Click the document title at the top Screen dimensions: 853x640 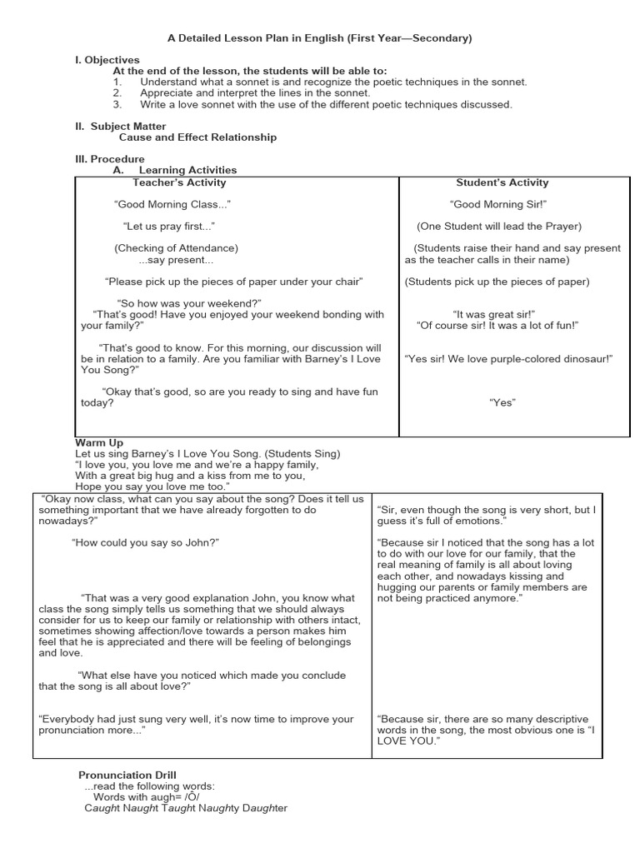point(320,38)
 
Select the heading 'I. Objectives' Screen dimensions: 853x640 point(107,60)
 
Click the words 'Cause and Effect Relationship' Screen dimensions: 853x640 point(197,137)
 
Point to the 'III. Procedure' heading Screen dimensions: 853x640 point(110,159)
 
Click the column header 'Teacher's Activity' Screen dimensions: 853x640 point(179,182)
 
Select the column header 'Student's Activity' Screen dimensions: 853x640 point(502,182)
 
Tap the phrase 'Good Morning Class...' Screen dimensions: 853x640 point(172,204)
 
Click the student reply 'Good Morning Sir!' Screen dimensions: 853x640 point(497,204)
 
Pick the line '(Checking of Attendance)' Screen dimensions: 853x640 point(176,248)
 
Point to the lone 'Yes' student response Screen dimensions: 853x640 point(502,403)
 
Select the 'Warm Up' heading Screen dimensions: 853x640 point(99,442)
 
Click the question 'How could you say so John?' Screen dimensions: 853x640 point(146,542)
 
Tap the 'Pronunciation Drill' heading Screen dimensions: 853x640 point(127,776)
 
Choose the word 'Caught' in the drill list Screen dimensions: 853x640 point(102,808)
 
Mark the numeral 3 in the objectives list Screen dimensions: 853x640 point(117,105)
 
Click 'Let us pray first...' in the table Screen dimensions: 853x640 point(169,227)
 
